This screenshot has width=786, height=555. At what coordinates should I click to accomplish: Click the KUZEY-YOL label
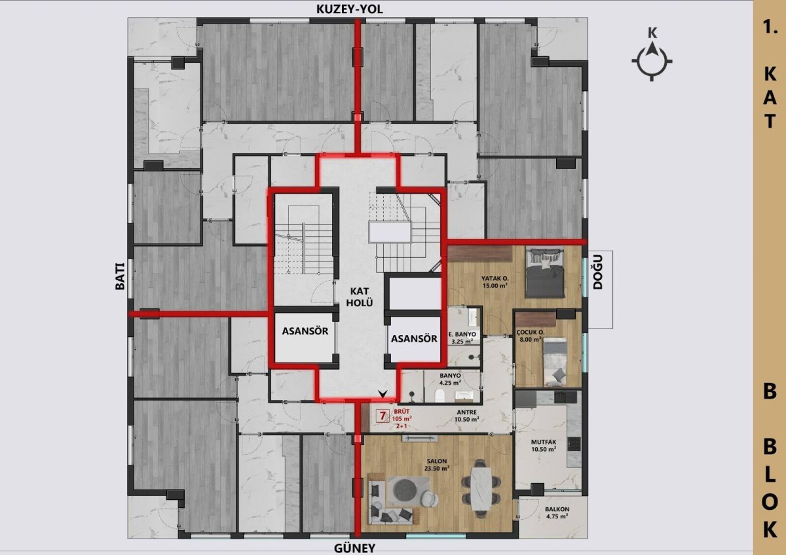point(350,9)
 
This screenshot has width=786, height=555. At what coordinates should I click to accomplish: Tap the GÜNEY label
point(354,548)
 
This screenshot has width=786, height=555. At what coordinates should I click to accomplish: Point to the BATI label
point(120,276)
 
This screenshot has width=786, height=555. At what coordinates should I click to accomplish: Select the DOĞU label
point(598,272)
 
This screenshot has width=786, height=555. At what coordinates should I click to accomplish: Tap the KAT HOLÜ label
point(360,297)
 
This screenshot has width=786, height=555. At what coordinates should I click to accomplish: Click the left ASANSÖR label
point(305,331)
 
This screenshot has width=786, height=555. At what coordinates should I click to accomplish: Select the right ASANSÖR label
point(414,338)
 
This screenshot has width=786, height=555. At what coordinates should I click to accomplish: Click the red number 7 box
point(383,416)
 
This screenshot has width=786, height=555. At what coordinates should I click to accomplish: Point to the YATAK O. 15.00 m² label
point(495,282)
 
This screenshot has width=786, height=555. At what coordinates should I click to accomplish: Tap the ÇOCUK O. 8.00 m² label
point(530,336)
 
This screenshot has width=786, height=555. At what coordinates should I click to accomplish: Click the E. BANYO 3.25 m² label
point(462,338)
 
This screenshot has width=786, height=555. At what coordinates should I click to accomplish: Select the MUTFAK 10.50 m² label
point(544,446)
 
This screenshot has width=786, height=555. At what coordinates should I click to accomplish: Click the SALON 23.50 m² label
point(437,465)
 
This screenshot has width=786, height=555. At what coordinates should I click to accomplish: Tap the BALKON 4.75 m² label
point(557,512)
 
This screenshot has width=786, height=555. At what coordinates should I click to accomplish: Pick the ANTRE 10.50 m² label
point(466,416)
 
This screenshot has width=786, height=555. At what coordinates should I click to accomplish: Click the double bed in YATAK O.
point(546,272)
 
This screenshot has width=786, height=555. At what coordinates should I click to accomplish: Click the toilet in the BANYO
point(440,395)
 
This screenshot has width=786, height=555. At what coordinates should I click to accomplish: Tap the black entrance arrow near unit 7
point(383,394)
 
